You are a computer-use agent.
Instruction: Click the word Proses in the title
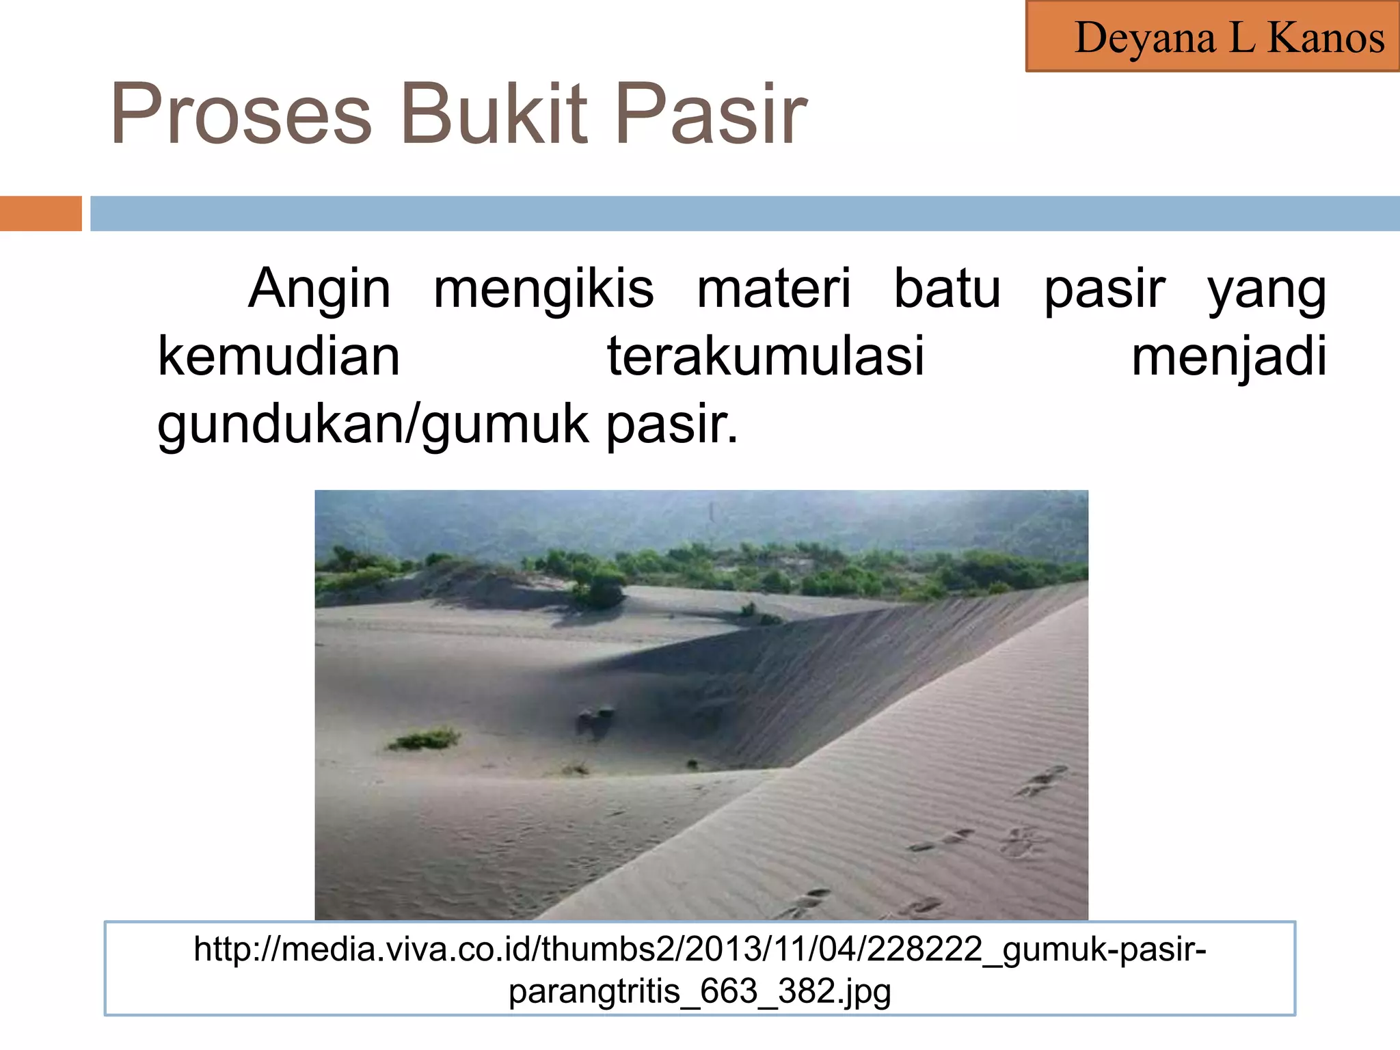pyautogui.click(x=241, y=114)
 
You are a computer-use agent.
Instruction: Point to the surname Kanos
pyautogui.click(x=1326, y=38)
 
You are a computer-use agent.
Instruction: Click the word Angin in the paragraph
pyautogui.click(x=319, y=288)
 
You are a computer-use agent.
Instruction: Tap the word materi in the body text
pyautogui.click(x=774, y=288)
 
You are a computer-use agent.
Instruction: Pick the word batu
pyautogui.click(x=947, y=288)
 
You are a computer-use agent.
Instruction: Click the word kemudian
pyautogui.click(x=278, y=356)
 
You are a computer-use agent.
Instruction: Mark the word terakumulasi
pyautogui.click(x=766, y=356)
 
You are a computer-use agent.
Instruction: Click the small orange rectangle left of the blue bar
pyautogui.click(x=40, y=213)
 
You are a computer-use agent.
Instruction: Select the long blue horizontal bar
pyautogui.click(x=744, y=213)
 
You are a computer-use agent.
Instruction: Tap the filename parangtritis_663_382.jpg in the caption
pyautogui.click(x=699, y=991)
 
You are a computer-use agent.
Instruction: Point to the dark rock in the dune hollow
pyautogui.click(x=593, y=722)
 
